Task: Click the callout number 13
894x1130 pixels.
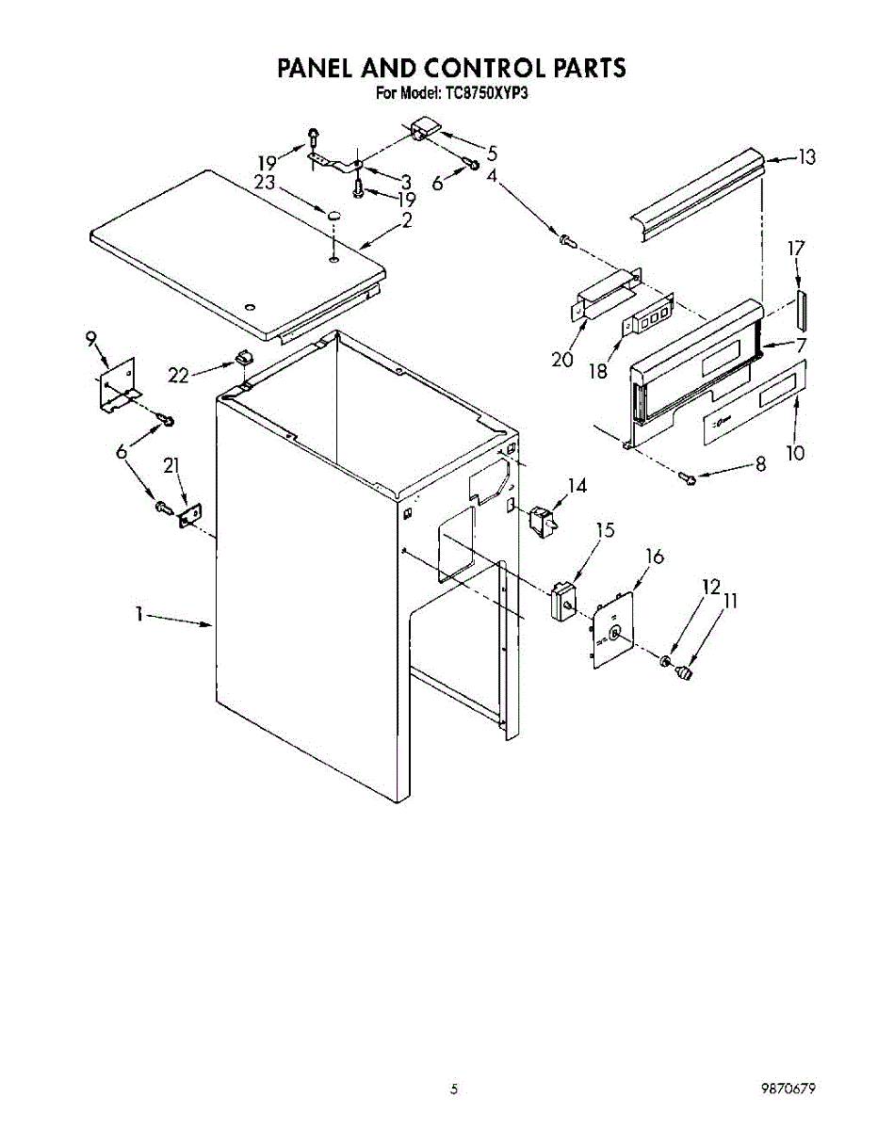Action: click(806, 157)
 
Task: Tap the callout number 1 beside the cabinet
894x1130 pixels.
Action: click(138, 614)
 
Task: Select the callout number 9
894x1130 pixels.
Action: click(91, 340)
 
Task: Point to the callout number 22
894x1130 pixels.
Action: click(179, 374)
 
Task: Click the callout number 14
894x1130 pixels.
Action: click(577, 486)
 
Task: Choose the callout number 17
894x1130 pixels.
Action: click(797, 250)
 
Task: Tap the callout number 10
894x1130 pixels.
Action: click(796, 453)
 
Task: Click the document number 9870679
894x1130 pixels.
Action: click(787, 1089)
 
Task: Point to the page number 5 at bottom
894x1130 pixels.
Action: click(453, 1090)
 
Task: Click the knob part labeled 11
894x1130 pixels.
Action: click(685, 672)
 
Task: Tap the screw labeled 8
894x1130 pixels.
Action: click(689, 480)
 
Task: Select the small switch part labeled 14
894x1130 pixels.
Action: click(540, 519)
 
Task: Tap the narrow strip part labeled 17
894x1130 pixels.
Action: click(802, 306)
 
